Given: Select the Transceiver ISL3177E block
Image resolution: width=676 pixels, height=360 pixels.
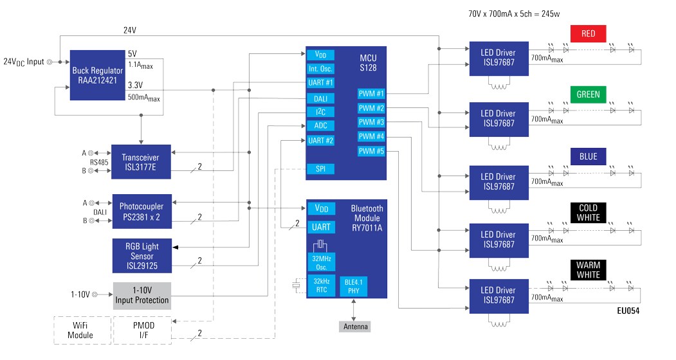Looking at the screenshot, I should (141, 162).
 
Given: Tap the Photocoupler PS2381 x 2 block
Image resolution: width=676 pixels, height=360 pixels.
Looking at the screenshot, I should (142, 212).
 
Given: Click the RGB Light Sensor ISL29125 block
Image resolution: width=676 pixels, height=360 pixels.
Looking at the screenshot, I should (141, 255).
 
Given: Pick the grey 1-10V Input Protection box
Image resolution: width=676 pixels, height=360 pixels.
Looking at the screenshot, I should (142, 296).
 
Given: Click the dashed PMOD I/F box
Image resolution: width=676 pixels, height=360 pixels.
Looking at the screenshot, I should (142, 330).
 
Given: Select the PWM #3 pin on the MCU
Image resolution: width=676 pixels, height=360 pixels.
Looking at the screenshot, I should (371, 122).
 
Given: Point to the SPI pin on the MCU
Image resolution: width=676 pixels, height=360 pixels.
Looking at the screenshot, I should (320, 169).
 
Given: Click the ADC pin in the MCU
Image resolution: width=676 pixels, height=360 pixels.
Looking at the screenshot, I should (320, 125).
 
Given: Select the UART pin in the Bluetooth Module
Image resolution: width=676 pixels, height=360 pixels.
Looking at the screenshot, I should (320, 227).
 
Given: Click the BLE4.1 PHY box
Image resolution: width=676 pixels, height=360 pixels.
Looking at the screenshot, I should (353, 286).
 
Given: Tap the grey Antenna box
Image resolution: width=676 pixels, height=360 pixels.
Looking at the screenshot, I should (355, 327).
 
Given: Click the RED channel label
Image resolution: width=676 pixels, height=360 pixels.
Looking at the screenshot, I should (588, 33).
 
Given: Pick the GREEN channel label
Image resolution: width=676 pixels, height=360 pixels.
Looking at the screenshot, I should (588, 94).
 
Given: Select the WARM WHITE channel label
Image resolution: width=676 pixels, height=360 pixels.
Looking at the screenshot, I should (588, 270).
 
